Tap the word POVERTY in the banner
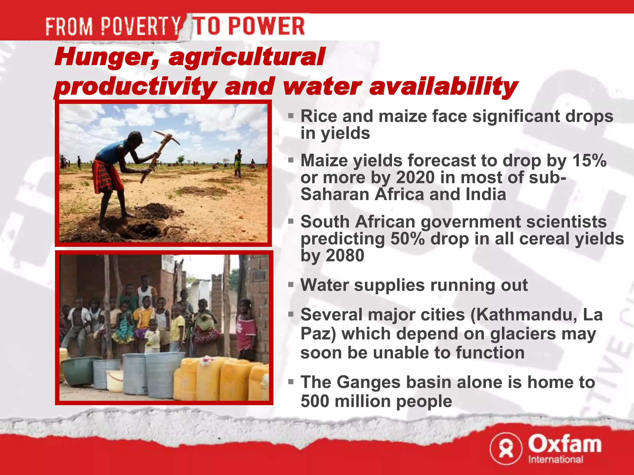tap(141, 26)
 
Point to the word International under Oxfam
tap(556, 460)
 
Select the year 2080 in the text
tap(345, 255)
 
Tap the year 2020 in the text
tap(415, 178)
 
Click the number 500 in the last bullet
tap(315, 401)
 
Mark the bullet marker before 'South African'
tap(290, 221)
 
